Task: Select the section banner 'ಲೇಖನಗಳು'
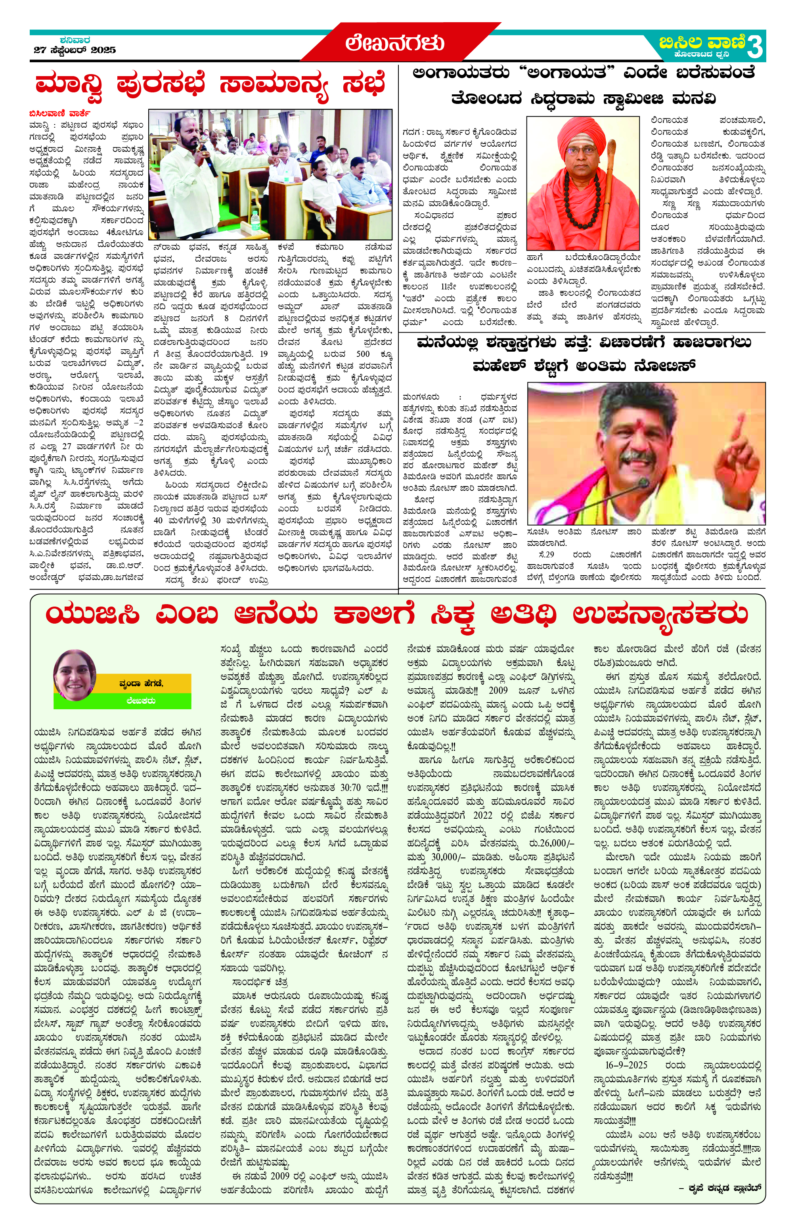(x=395, y=43)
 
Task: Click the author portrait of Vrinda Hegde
(x=75, y=675)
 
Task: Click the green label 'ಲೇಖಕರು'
(x=140, y=701)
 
